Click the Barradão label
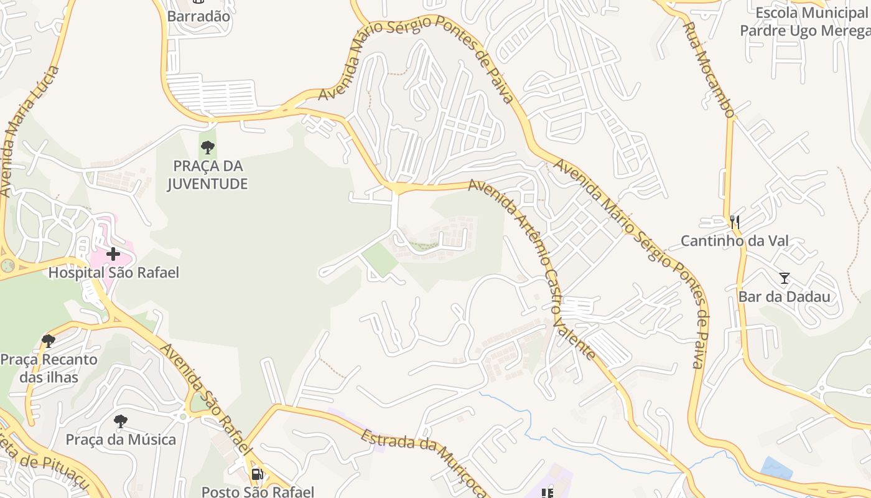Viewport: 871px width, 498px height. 198,17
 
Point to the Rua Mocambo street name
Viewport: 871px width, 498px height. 709,70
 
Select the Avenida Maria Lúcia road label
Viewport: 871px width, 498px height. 29,131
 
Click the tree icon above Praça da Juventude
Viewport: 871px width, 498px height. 208,148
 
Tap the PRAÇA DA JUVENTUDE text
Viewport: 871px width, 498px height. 208,175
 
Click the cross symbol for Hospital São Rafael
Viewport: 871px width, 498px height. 113,254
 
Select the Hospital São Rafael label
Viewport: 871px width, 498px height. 113,273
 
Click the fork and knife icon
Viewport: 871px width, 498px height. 735,222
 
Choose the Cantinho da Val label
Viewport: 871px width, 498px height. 734,241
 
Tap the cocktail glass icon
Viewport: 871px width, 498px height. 784,278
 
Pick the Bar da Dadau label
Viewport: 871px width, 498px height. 784,296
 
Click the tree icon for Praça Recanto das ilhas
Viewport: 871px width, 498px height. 49,341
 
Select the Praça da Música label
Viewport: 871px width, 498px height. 121,439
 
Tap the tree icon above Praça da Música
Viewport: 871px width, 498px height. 121,421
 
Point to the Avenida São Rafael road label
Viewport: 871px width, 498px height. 207,398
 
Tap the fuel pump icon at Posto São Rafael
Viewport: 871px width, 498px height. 257,474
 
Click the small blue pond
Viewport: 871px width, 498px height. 777,467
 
